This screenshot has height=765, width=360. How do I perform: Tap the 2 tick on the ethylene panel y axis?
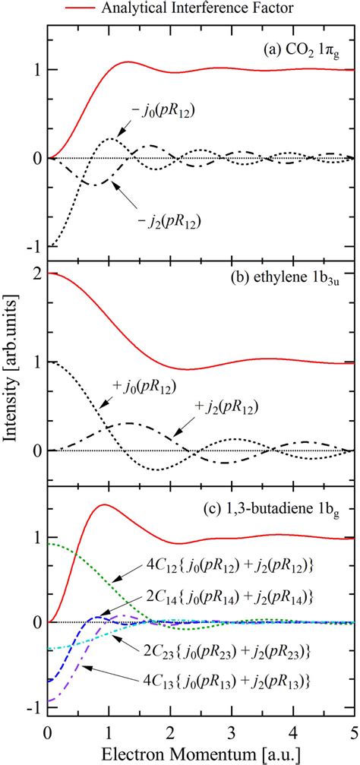35,273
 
